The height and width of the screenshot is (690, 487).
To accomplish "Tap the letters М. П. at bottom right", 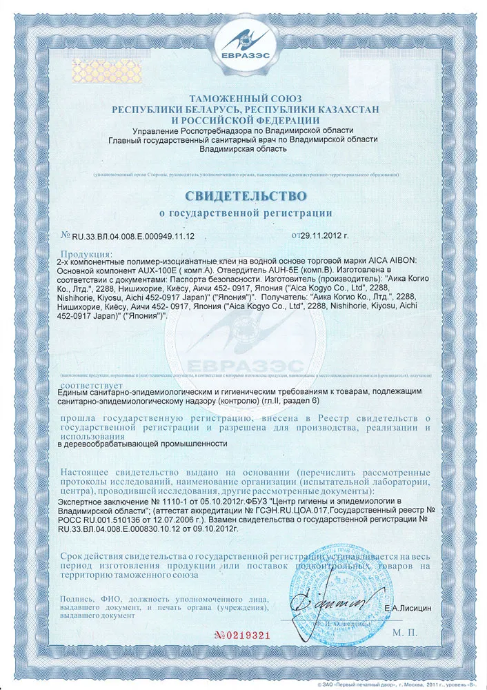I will click(406, 631).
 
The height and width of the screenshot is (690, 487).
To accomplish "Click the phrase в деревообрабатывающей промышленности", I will click(144, 445).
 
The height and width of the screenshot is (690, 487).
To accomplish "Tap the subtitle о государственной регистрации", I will click(245, 213).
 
